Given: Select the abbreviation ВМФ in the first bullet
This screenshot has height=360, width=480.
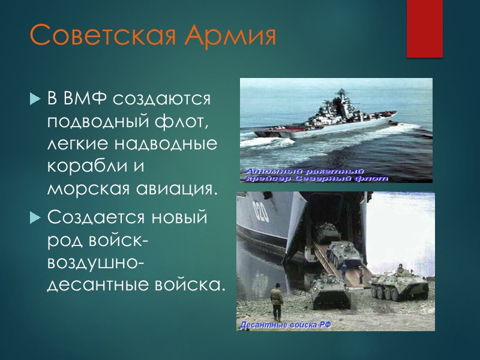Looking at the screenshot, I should pyautogui.click(x=83, y=98).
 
